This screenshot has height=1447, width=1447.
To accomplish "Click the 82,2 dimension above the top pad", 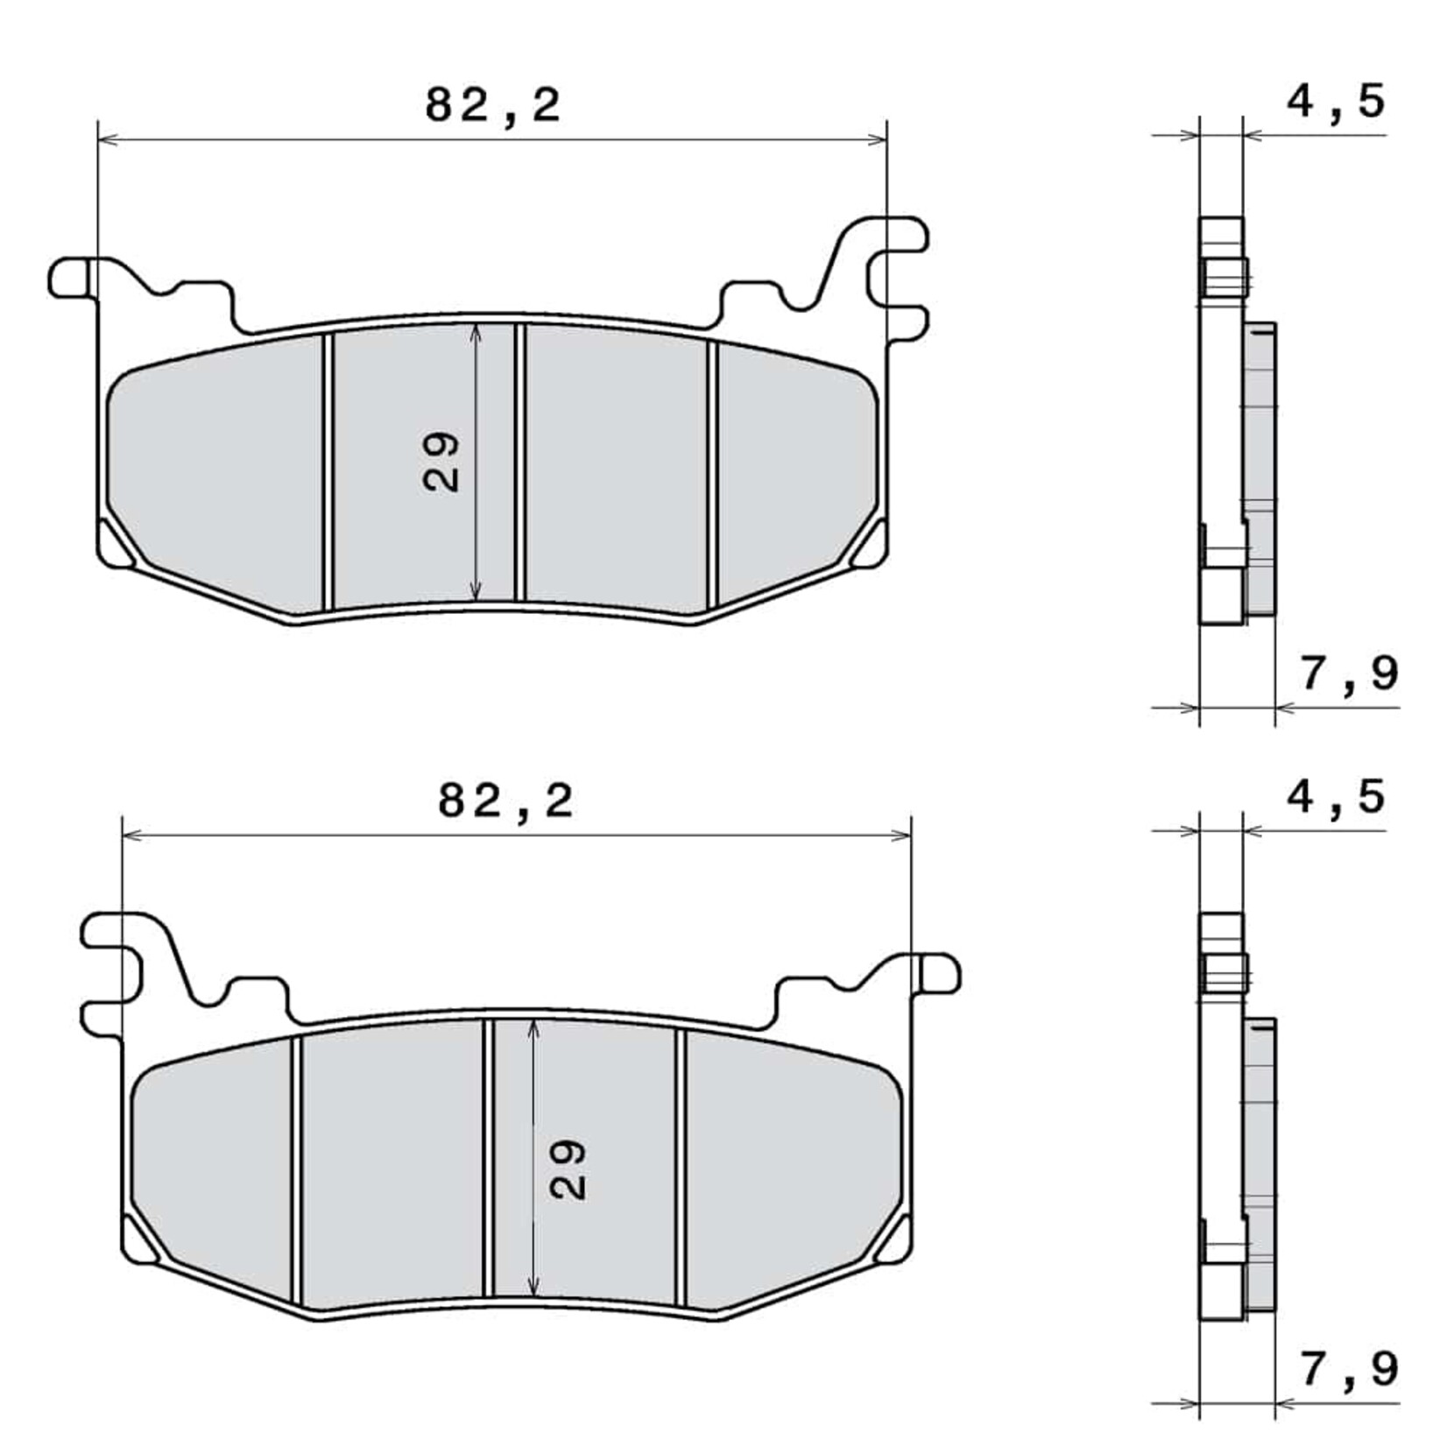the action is click(492, 107).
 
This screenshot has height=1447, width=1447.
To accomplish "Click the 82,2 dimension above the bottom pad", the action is click(505, 801).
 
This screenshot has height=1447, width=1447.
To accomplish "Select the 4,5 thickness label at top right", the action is click(1336, 101).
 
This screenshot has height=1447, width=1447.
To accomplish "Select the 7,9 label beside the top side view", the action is click(1349, 674).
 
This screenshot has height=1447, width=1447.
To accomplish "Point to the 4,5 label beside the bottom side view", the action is click(1336, 797).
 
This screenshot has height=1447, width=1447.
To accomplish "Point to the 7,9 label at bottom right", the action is click(1349, 1369).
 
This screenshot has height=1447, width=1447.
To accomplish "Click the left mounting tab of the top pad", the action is click(70, 276).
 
